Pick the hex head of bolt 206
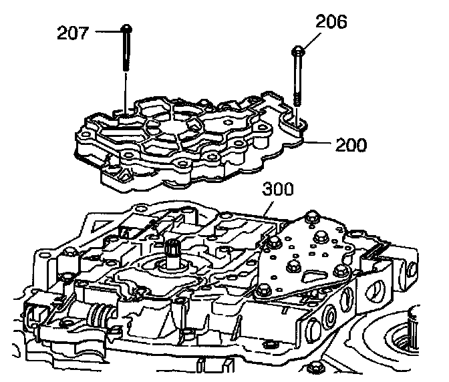297,50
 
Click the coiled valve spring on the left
102,314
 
